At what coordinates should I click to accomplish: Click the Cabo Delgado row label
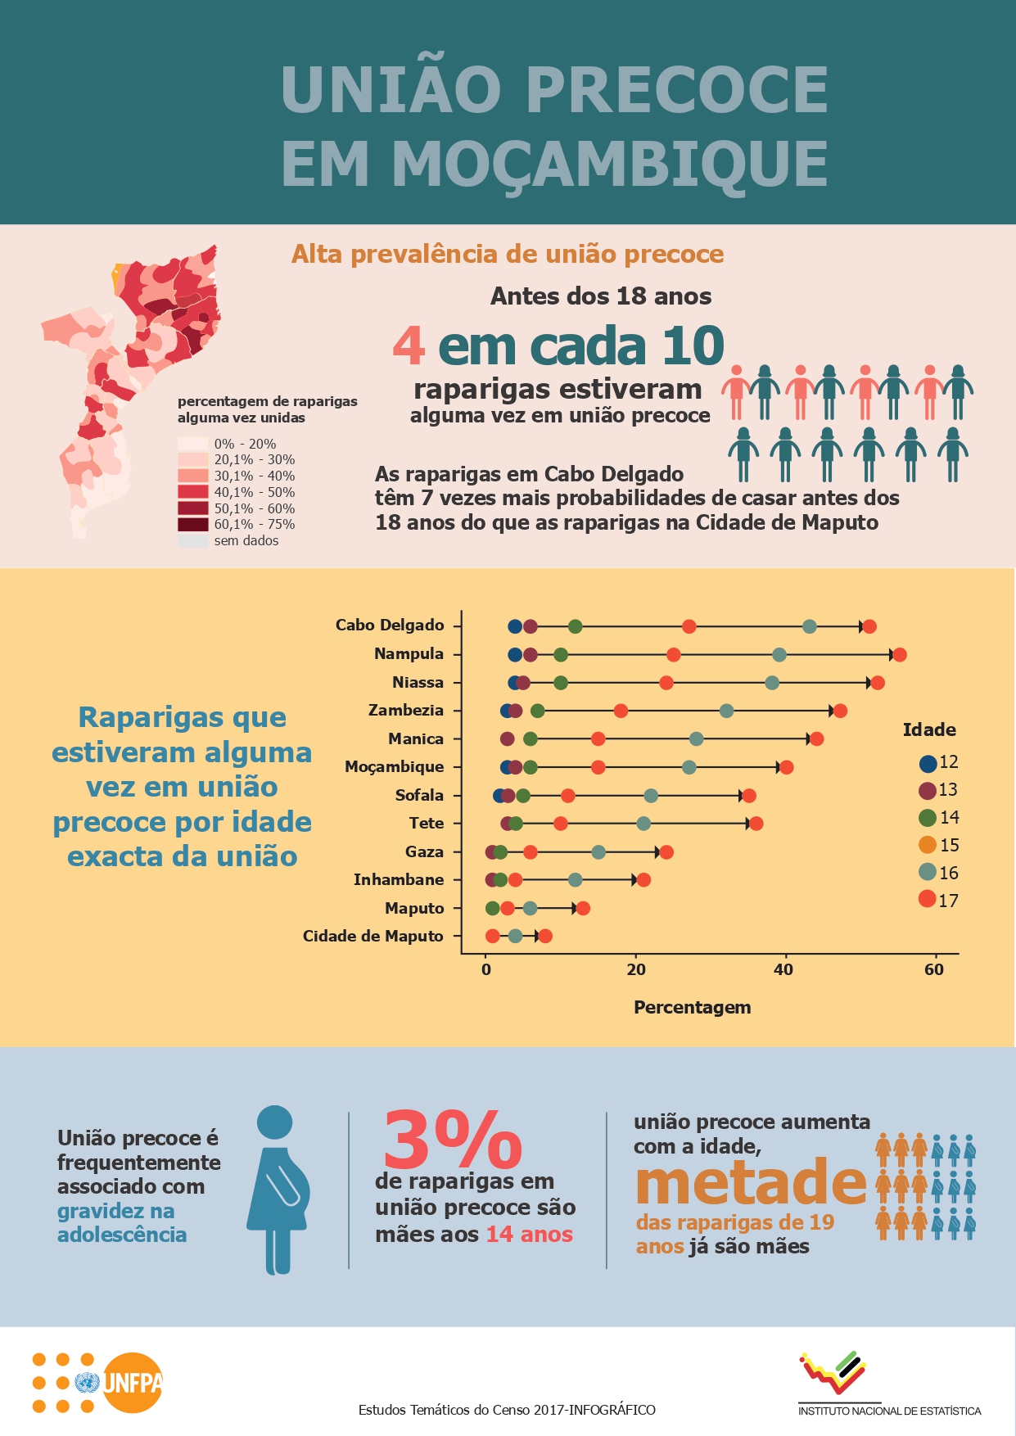click(x=390, y=625)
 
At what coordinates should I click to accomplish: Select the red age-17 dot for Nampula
click(x=899, y=655)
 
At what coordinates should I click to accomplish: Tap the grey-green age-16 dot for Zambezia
click(x=726, y=711)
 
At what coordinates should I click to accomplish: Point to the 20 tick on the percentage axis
click(x=636, y=970)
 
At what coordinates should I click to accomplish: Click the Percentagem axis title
click(x=692, y=1008)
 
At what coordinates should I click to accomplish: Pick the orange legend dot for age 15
click(x=928, y=845)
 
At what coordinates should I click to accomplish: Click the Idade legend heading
click(x=929, y=730)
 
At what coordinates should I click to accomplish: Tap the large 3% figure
click(x=453, y=1140)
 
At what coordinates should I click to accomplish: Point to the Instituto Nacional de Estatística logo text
click(x=889, y=1411)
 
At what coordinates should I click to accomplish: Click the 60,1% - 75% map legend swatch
click(x=193, y=525)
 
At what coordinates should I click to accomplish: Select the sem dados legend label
click(x=246, y=541)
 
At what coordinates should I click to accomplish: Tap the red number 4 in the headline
click(x=409, y=346)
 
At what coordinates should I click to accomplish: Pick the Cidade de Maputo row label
click(x=373, y=937)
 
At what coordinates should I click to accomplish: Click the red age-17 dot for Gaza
click(x=666, y=852)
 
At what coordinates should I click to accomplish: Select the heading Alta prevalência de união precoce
click(x=508, y=255)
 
